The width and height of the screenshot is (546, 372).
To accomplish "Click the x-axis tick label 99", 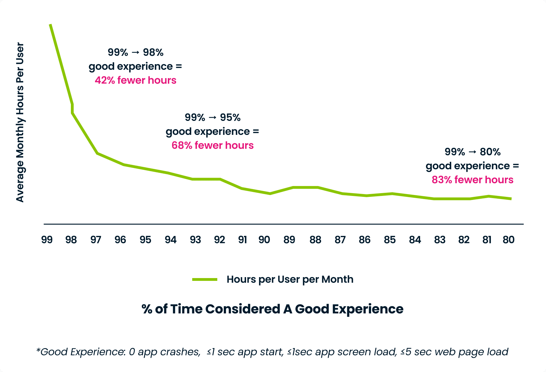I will click(47, 240).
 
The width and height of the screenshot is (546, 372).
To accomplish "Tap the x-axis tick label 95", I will click(145, 240).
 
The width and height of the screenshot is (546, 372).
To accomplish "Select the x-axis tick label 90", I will click(264, 240).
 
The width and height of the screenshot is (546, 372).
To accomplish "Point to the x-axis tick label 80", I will click(509, 240).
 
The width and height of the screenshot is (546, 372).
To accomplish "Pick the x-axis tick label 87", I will click(340, 240).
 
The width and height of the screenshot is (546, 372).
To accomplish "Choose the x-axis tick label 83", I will click(440, 240).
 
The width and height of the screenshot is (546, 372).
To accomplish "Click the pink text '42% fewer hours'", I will click(136, 80).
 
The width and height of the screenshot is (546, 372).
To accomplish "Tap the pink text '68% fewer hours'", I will click(213, 145).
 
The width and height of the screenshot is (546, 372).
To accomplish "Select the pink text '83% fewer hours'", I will click(472, 180).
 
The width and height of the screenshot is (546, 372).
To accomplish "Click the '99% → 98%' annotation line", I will click(136, 52).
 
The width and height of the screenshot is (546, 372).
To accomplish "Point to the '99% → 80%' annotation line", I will click(472, 152).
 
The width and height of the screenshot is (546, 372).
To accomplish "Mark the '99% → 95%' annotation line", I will click(213, 117).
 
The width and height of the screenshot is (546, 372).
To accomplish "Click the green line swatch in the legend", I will click(205, 280).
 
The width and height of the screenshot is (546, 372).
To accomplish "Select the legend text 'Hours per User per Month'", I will click(290, 280).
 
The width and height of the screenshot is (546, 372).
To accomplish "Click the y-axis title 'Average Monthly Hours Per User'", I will click(20, 122).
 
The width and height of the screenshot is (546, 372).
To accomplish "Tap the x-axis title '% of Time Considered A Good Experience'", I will click(272, 309).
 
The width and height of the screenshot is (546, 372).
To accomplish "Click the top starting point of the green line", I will click(50, 25).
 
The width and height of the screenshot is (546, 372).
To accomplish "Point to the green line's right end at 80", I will click(511, 199).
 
